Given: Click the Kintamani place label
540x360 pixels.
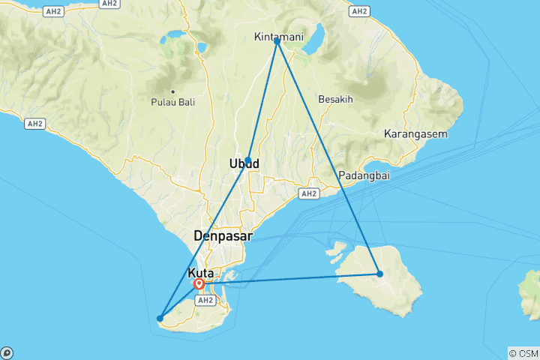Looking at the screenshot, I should pyautogui.click(x=277, y=37).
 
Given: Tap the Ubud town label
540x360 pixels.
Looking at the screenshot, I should pyautogui.click(x=244, y=163).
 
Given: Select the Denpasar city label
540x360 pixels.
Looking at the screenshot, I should pyautogui.click(x=223, y=235).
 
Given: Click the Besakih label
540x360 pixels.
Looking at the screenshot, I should pyautogui.click(x=335, y=98).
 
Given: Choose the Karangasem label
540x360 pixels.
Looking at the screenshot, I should pyautogui.click(x=415, y=134).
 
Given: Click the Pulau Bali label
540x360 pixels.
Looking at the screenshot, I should pyautogui.click(x=172, y=102).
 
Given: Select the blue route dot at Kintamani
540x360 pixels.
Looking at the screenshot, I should pyautogui.click(x=277, y=41).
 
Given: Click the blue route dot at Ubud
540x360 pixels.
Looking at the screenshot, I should pyautogui.click(x=247, y=160).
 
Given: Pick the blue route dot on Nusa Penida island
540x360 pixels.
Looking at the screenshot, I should pyautogui.click(x=380, y=274).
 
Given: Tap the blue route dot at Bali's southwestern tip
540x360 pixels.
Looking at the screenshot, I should pyautogui.click(x=160, y=319).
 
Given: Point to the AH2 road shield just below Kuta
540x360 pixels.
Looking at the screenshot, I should pyautogui.click(x=205, y=299).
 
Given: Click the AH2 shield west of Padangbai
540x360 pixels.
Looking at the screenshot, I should pyautogui.click(x=308, y=193).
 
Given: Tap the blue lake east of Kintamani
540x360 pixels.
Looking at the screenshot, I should pyautogui.click(x=314, y=35).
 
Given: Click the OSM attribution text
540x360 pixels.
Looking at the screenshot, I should pyautogui.click(x=523, y=352).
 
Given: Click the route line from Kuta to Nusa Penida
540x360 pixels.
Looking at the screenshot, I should pyautogui.click(x=292, y=279).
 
